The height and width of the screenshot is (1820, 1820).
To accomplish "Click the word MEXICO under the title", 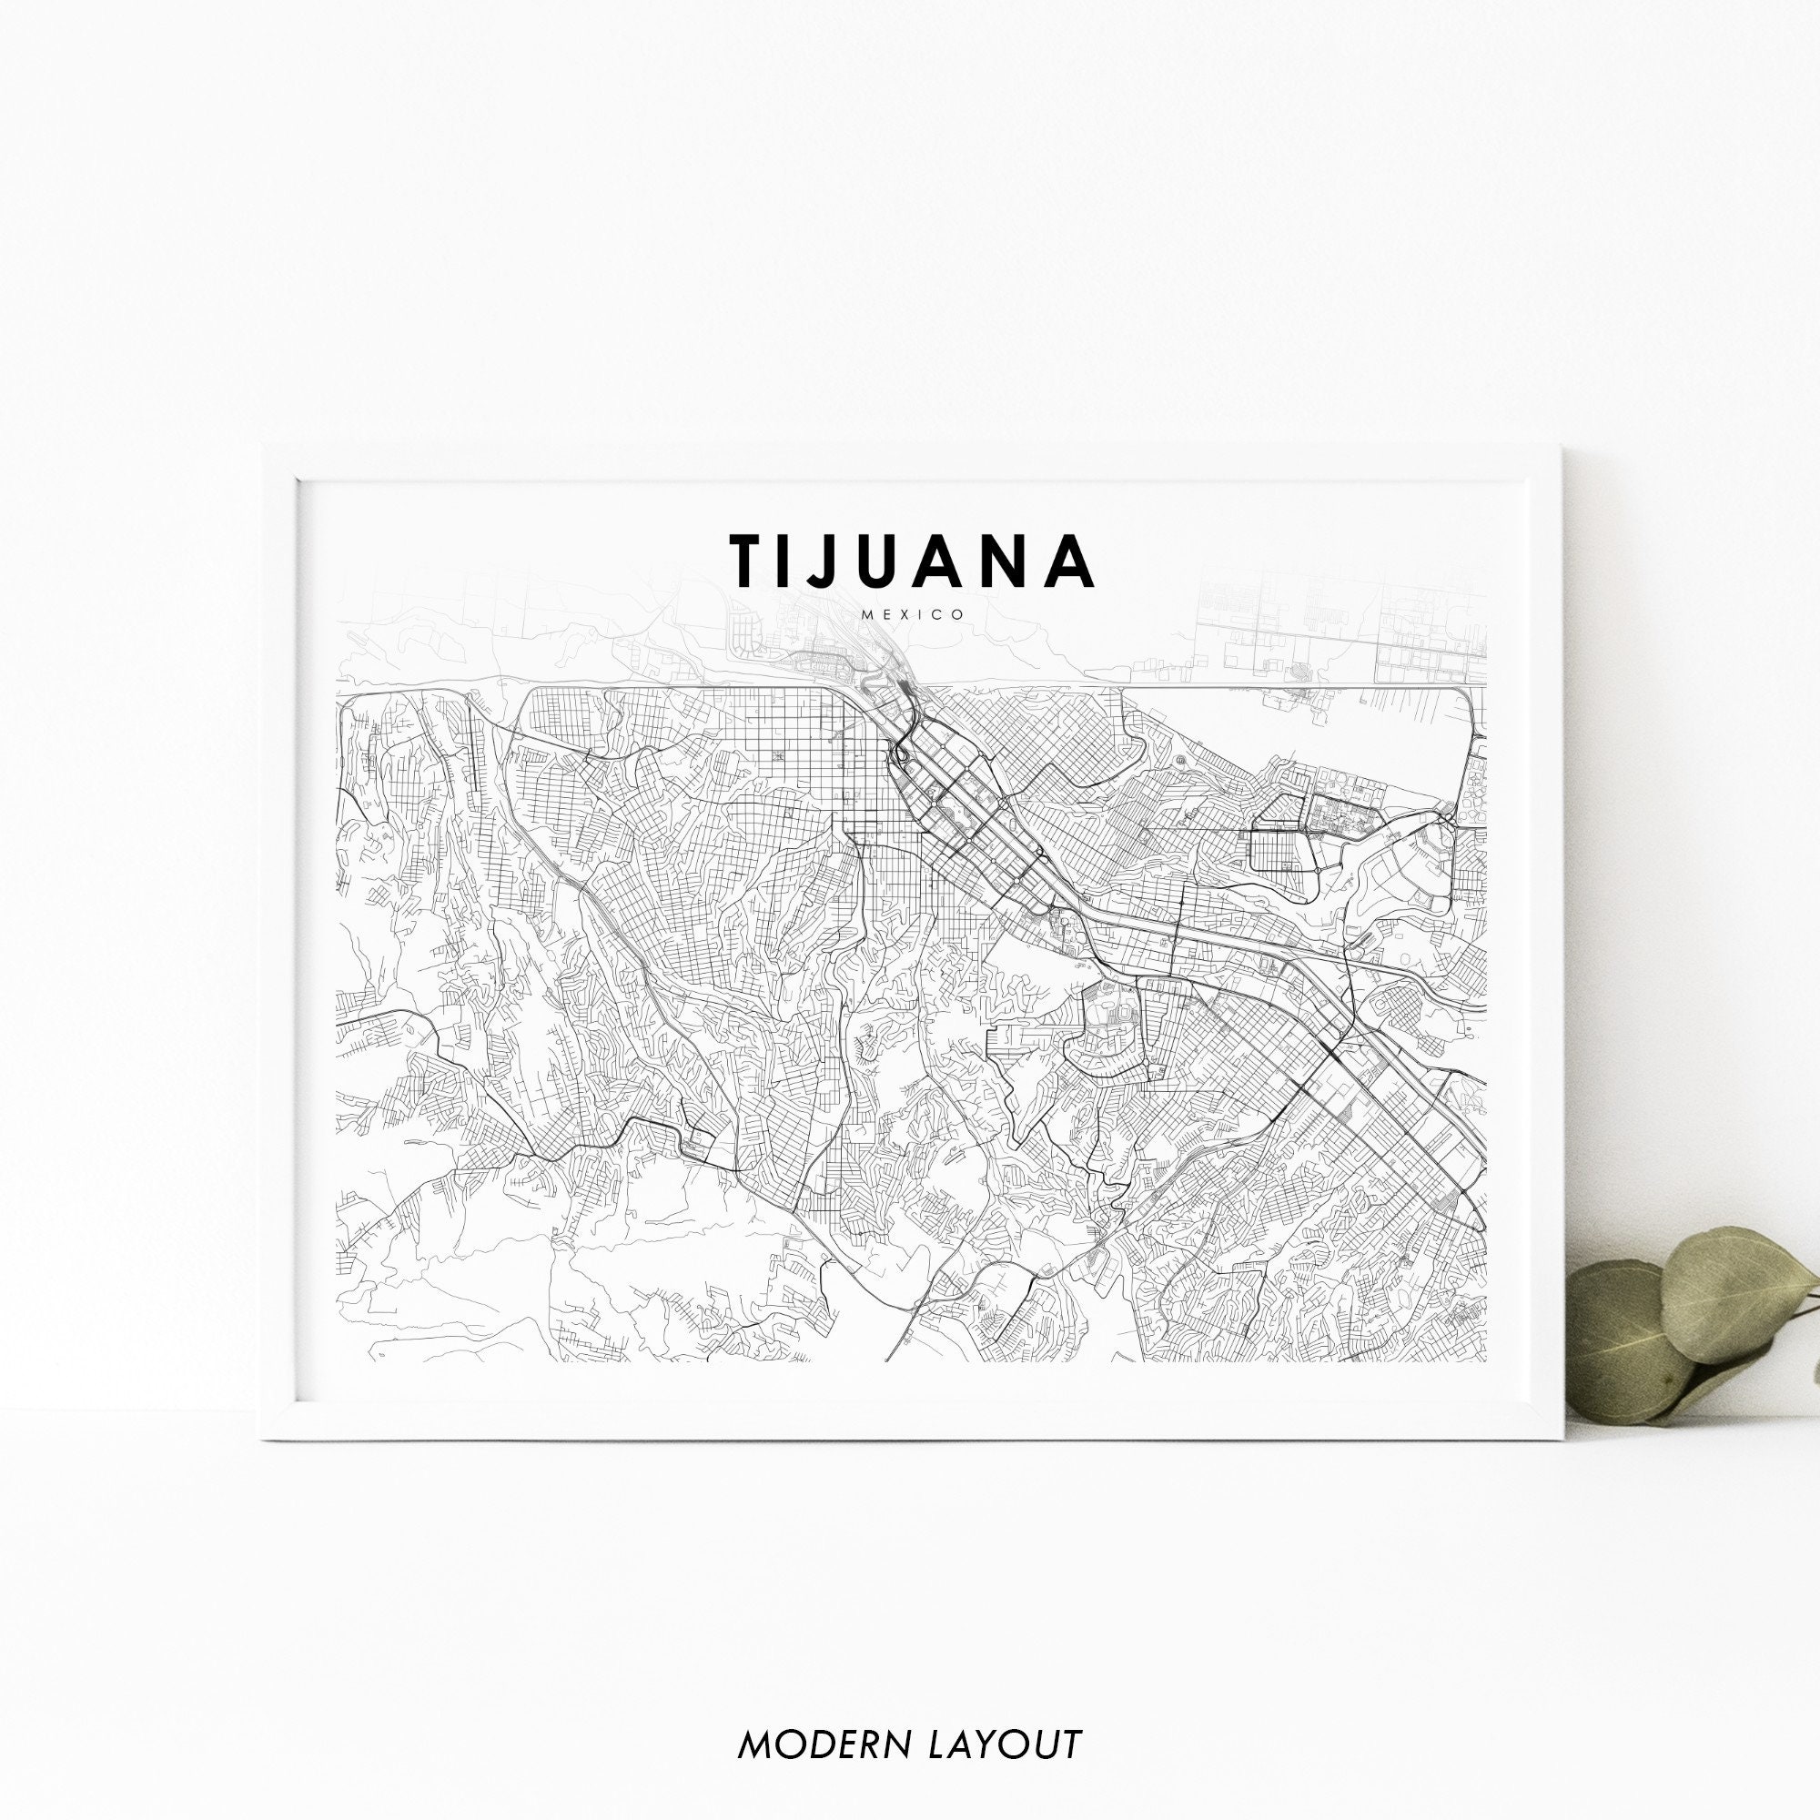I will tap(911, 615).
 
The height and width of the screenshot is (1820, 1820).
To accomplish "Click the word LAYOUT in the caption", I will tap(1005, 1717).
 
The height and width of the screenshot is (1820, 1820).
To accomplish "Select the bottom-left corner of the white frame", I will tap(263, 1439).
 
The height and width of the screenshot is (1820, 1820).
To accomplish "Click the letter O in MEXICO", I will tap(957, 615).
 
